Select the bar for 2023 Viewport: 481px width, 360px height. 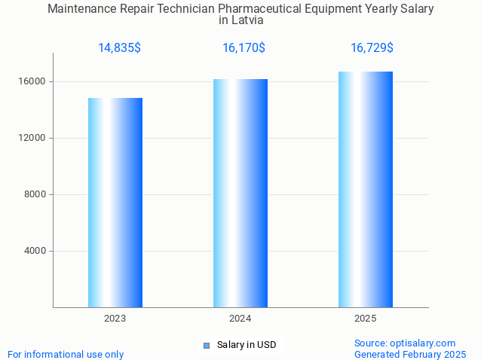[x=115, y=203]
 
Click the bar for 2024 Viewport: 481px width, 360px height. [x=240, y=193]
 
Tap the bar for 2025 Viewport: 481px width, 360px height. [x=366, y=189]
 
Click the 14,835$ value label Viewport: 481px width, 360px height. [x=119, y=48]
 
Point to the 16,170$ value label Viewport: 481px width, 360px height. [x=244, y=48]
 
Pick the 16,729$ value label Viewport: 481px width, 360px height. [x=372, y=48]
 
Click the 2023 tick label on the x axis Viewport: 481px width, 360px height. [x=115, y=319]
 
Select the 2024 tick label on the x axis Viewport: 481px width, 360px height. [x=240, y=319]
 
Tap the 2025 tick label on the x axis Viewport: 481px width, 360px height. [x=366, y=319]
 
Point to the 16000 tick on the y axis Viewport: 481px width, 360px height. [x=32, y=81]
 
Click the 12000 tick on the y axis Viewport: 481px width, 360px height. [x=32, y=138]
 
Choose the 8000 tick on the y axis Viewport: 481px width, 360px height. [x=35, y=194]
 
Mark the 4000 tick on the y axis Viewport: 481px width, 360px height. [x=35, y=251]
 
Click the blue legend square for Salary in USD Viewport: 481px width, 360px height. [x=207, y=346]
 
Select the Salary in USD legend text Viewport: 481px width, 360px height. [x=246, y=346]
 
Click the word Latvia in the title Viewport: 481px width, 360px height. [x=248, y=20]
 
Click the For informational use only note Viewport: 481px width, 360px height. [x=66, y=354]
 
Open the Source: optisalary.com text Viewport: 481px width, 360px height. [x=405, y=343]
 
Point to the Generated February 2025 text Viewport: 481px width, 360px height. [x=410, y=354]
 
